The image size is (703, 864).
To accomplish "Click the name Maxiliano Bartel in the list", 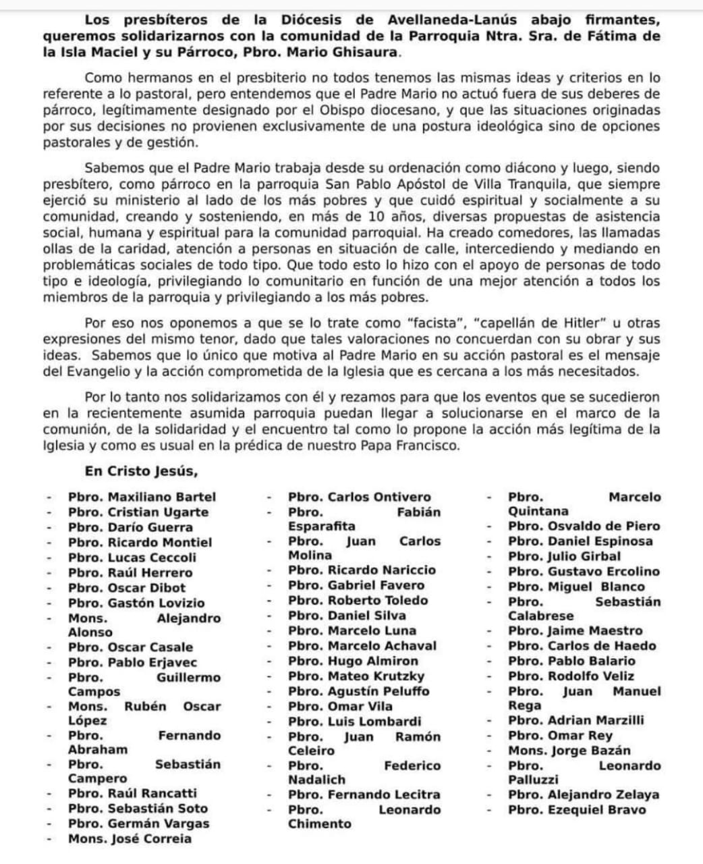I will click(x=162, y=497).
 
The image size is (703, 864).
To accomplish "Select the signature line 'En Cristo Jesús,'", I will click(x=141, y=471).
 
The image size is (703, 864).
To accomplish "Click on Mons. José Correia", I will click(x=130, y=839).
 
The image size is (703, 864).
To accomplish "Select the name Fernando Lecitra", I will click(x=384, y=795).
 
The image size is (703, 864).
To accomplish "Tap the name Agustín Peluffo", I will click(x=378, y=691).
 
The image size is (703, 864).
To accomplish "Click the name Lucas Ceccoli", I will click(x=152, y=558).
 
